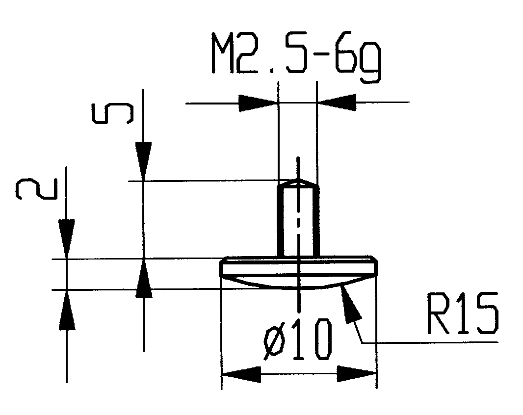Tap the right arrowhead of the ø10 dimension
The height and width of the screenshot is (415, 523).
pos(356,375)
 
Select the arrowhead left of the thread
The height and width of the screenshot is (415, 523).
pos(258,103)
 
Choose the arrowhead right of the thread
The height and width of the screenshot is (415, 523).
pos(337,103)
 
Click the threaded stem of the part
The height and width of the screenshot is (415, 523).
pos(298,221)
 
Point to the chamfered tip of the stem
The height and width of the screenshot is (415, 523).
pos(298,183)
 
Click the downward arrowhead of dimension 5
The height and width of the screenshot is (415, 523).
pos(143,162)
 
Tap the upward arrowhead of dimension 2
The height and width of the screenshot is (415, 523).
pos(66,309)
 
